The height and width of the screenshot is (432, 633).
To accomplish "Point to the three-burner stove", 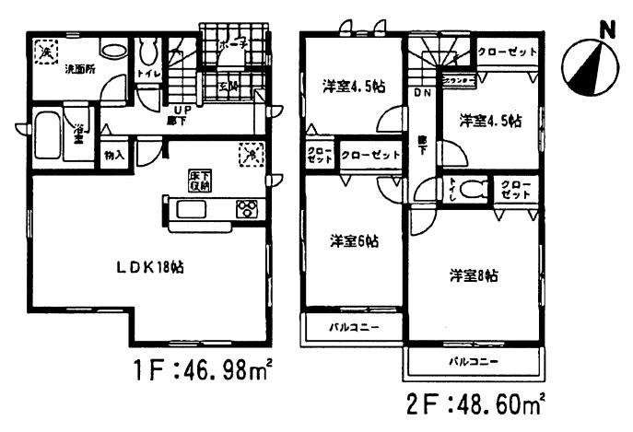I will [248, 210].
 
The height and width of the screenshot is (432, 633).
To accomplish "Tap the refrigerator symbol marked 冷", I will [249, 155].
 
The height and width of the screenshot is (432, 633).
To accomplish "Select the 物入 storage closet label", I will [115, 154].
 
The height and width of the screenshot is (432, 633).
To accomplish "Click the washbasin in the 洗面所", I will [113, 51].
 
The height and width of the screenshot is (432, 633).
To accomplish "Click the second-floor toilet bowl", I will [474, 191].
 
